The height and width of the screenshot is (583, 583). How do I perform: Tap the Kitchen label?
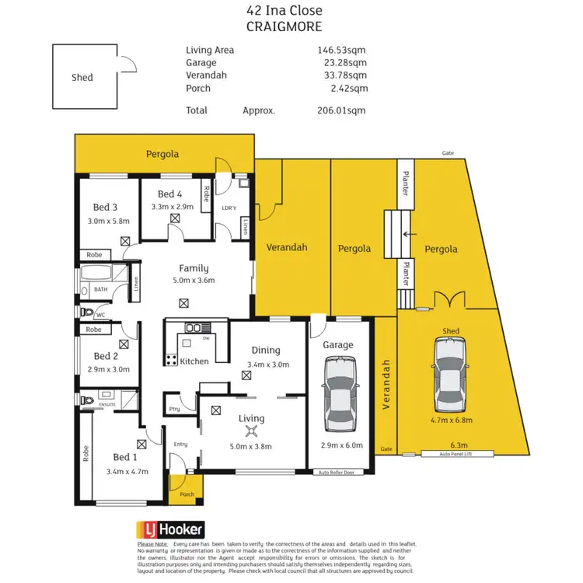[x=194, y=361]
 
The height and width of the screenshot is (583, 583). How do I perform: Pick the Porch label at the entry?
[x=187, y=494]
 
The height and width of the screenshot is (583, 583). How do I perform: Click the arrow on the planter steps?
[x=404, y=232]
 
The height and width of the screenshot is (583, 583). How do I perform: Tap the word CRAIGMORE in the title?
[x=284, y=26]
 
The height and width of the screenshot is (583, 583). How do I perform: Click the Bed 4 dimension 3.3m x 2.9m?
[x=173, y=207]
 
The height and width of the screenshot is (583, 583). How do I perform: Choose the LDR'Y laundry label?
[x=229, y=208]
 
